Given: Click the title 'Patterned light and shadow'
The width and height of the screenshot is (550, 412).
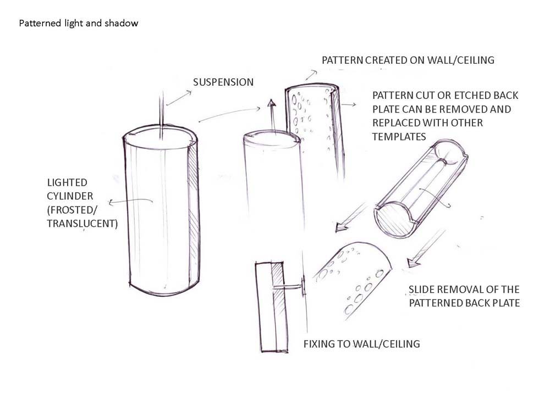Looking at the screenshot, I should pos(79,24).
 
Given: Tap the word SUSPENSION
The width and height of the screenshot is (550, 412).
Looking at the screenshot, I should pos(223,82).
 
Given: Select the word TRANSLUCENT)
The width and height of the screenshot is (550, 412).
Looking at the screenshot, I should pos(82,223).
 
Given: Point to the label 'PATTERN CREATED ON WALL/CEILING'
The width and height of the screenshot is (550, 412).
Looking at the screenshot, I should pos(408,60).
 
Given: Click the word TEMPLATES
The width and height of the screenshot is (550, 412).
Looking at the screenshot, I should pos(399,136).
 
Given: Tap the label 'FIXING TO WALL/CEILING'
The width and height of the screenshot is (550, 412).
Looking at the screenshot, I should pos(361,344).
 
